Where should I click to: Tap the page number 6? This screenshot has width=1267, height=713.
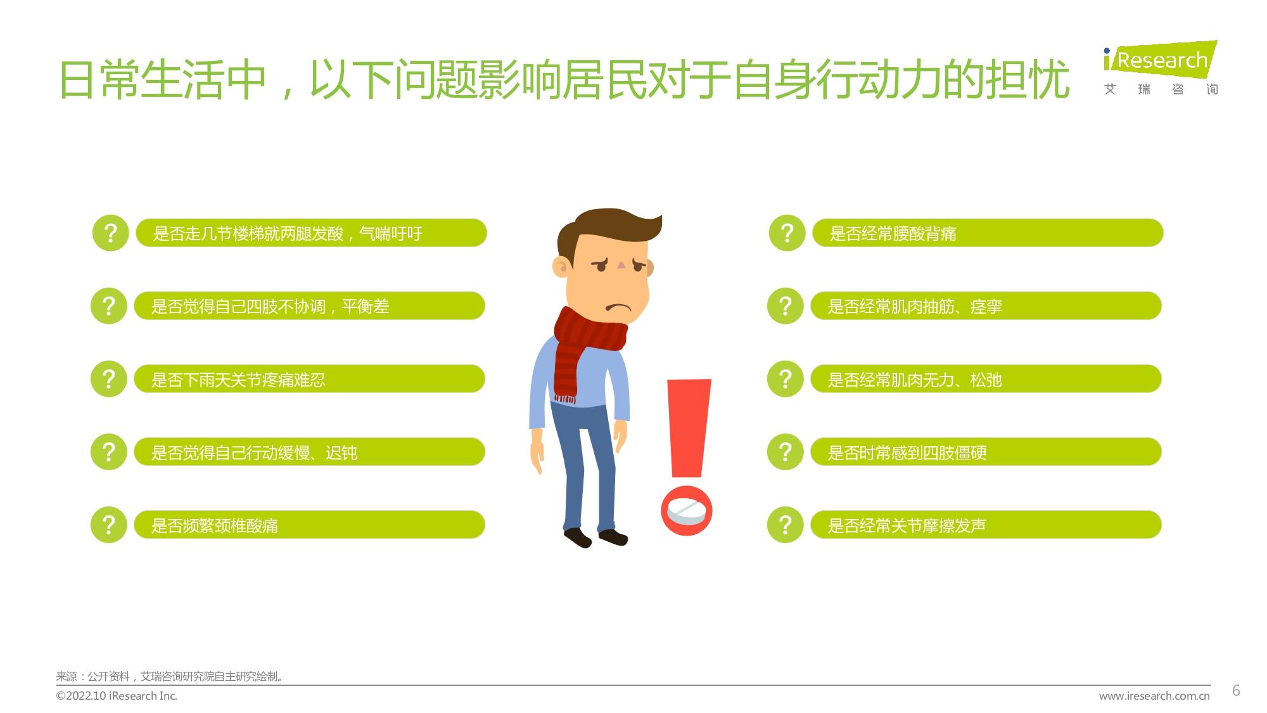pyautogui.click(x=1235, y=691)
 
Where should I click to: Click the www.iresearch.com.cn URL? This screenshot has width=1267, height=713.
pyautogui.click(x=1154, y=696)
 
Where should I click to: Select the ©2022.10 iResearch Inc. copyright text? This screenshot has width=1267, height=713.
pyautogui.click(x=117, y=696)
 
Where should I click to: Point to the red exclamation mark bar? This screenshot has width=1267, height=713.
pyautogui.click(x=689, y=428)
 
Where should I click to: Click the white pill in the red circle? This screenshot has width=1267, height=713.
pyautogui.click(x=686, y=511)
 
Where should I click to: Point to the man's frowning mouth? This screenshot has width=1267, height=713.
pyautogui.click(x=618, y=308)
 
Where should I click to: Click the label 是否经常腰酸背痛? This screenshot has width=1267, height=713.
pyautogui.click(x=893, y=234)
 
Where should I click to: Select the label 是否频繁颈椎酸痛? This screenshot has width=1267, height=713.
pyautogui.click(x=214, y=526)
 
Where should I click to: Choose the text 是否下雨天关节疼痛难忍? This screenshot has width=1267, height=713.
pyautogui.click(x=238, y=380)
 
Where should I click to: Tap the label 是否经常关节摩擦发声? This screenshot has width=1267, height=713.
pyautogui.click(x=907, y=526)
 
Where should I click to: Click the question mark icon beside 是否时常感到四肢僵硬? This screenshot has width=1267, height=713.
pyautogui.click(x=786, y=452)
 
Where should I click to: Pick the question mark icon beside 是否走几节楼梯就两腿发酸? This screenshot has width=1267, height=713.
pyautogui.click(x=111, y=233)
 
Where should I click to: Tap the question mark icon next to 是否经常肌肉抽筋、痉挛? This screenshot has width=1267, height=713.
pyautogui.click(x=786, y=306)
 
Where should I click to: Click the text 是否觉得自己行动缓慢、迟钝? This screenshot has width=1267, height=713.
pyautogui.click(x=254, y=453)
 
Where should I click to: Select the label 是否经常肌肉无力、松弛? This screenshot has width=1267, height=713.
pyautogui.click(x=915, y=380)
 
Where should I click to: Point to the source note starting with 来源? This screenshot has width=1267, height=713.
pyautogui.click(x=170, y=676)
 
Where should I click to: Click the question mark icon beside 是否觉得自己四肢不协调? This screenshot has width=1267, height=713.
pyautogui.click(x=109, y=306)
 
